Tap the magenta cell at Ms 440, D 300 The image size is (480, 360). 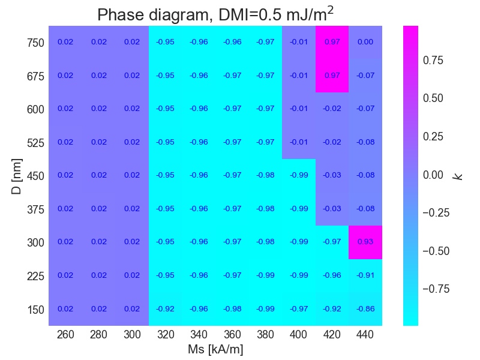[x=365, y=242]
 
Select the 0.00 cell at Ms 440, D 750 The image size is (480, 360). [x=365, y=42]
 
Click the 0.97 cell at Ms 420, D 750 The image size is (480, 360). [x=332, y=42]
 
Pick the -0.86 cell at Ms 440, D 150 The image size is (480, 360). [x=365, y=308]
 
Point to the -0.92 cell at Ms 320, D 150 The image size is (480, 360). [x=165, y=308]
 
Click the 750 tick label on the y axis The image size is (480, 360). [x=35, y=43]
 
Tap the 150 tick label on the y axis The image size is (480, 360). [x=35, y=310]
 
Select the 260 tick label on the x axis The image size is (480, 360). [x=65, y=335]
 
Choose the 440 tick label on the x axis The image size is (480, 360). [x=365, y=335]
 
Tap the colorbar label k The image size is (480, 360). [x=458, y=176]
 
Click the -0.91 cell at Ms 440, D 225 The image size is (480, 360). [x=365, y=275]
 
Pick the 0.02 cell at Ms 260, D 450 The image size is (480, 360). [x=65, y=175]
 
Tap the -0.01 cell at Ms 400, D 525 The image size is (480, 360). [x=298, y=142]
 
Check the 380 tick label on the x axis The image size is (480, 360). [x=265, y=335]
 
